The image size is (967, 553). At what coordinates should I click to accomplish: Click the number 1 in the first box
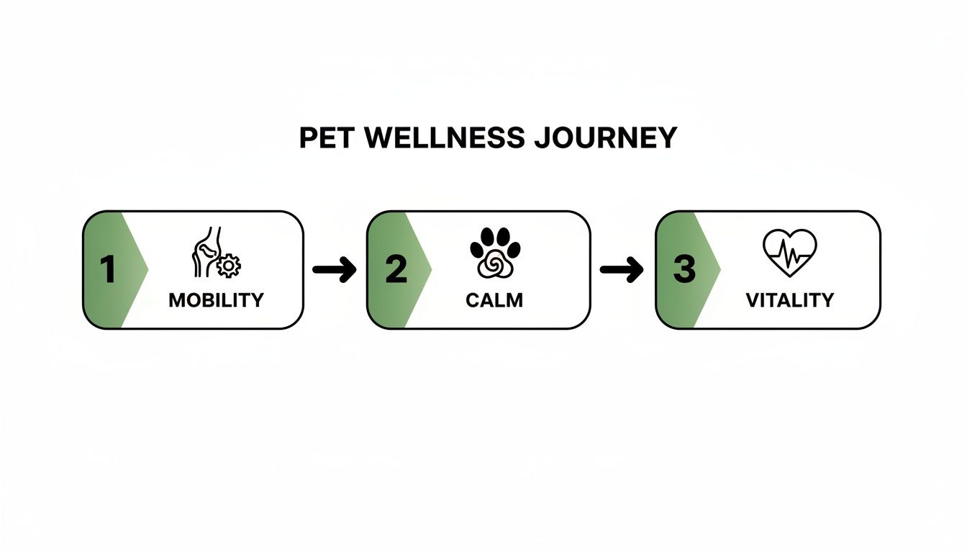(x=108, y=270)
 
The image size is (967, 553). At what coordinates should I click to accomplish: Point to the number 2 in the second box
(x=395, y=270)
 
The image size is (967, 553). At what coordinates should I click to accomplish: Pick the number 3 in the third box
(x=684, y=270)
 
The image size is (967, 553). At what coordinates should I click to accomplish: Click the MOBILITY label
(x=216, y=300)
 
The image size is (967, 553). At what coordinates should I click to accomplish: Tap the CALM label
(x=494, y=300)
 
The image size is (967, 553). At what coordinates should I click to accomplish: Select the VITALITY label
(x=789, y=300)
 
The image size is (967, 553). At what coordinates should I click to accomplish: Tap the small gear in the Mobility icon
(x=229, y=266)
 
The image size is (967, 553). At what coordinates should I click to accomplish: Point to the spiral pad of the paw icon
(x=494, y=266)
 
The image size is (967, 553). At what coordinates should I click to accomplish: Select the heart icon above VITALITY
(x=789, y=253)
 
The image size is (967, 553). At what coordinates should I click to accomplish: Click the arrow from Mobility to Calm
(x=335, y=270)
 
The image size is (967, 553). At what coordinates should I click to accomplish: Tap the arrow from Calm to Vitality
(x=622, y=270)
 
